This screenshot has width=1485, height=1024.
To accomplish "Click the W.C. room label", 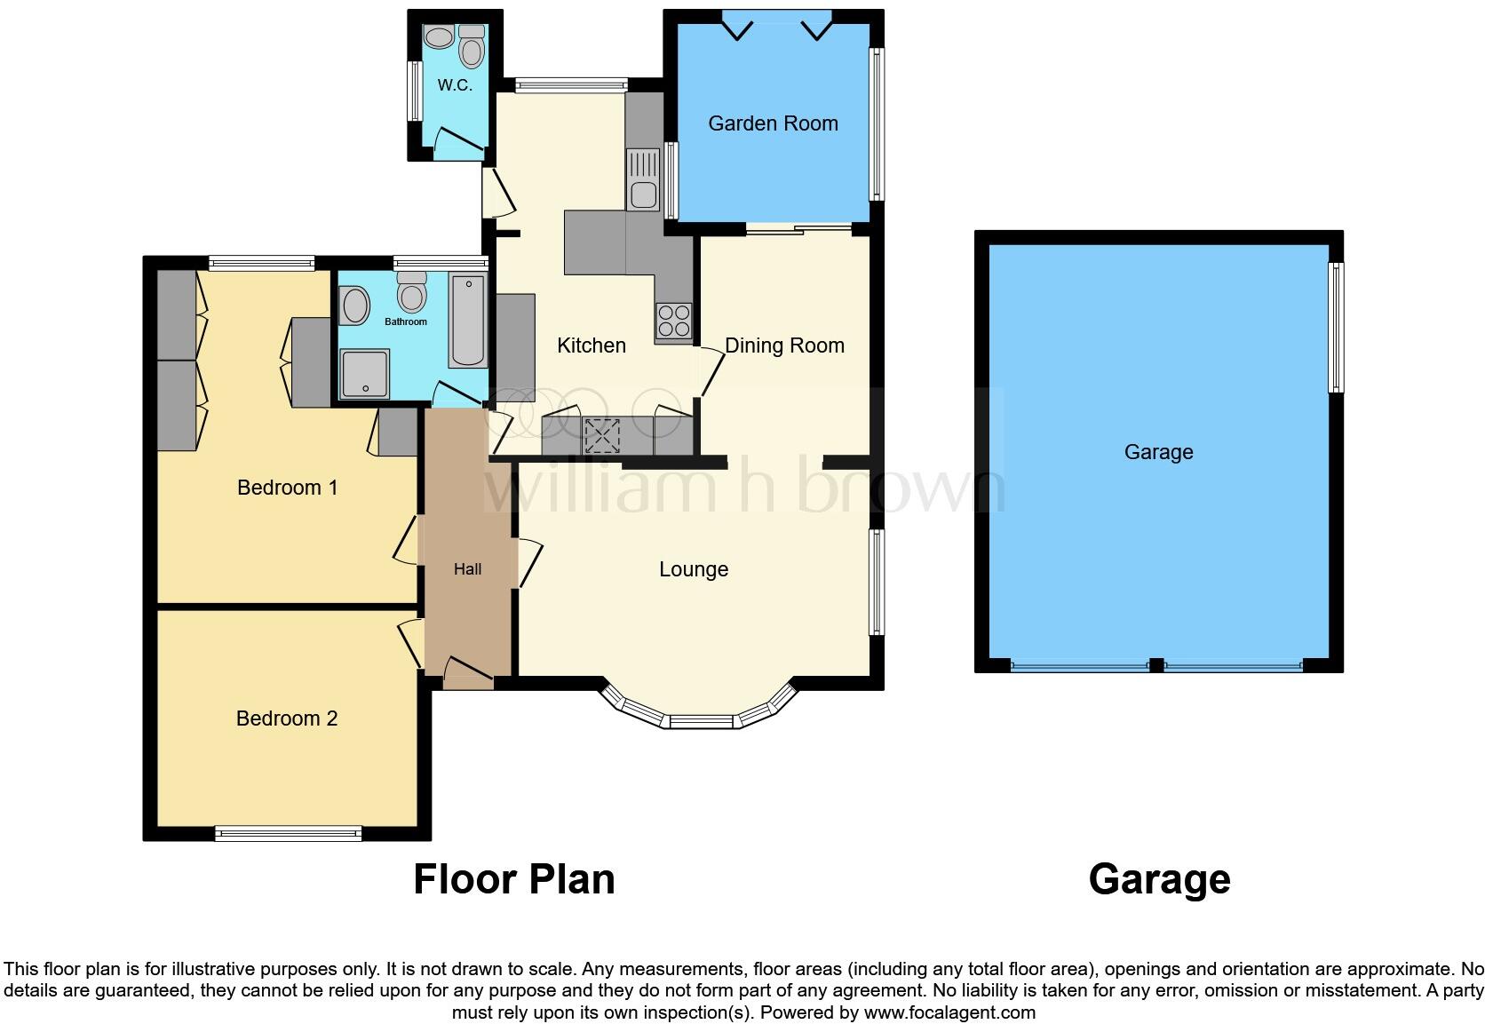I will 454,85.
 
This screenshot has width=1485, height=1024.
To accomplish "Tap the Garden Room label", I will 773,123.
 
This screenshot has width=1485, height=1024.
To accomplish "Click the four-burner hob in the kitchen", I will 673,321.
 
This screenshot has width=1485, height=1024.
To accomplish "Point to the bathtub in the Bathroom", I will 468,321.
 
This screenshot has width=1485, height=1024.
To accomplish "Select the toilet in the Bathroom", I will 411,291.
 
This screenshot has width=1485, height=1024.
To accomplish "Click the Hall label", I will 467,569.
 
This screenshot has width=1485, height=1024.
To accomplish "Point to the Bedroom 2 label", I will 287,718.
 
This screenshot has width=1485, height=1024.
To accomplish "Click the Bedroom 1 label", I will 287,488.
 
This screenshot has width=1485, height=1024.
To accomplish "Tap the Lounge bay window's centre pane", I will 702,721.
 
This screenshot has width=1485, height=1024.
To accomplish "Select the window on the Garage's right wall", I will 1335,327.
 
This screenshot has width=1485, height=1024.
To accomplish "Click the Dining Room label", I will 784,345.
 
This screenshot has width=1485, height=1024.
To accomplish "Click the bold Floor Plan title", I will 513,879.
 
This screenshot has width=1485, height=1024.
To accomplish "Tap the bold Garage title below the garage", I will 1159,879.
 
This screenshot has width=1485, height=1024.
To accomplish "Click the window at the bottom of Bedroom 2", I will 288,833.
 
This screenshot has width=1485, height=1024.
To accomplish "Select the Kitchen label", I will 591,345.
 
